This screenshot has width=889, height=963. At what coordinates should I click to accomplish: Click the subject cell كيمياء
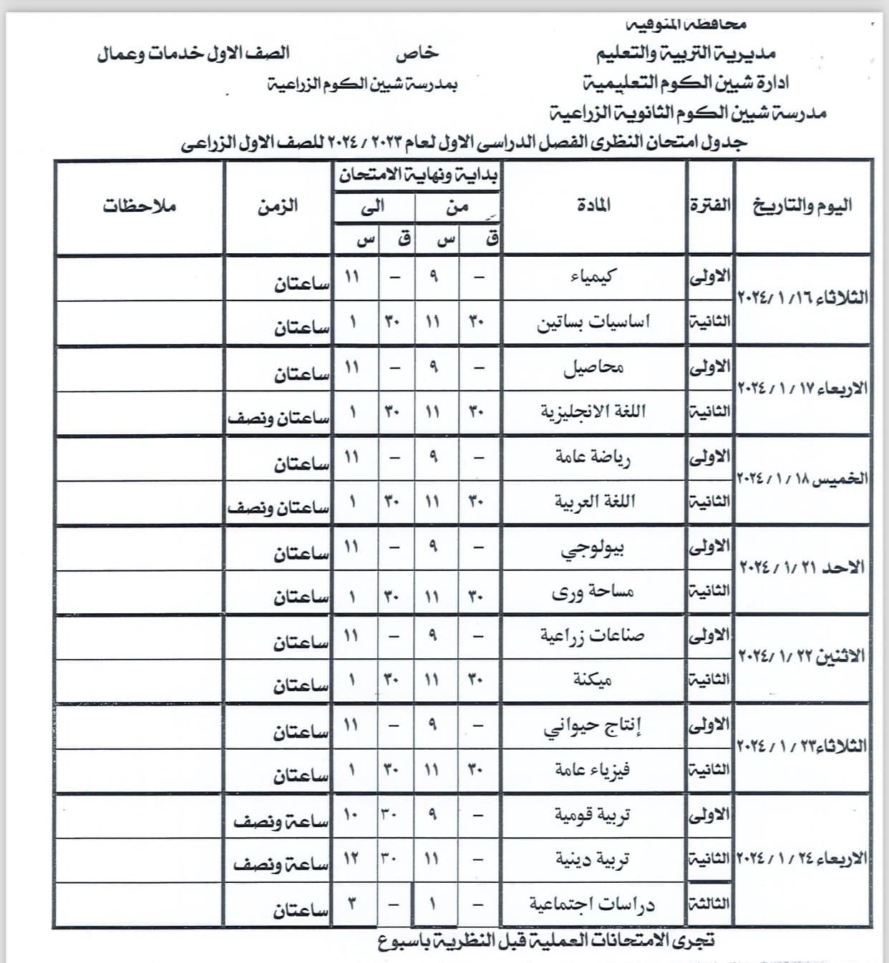593,276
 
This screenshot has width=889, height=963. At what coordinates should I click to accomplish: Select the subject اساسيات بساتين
593,322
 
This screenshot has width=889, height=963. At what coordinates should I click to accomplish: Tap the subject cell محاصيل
593,368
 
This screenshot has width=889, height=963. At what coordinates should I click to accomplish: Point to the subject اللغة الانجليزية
593,411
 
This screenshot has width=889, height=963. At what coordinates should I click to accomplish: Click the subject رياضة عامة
593,457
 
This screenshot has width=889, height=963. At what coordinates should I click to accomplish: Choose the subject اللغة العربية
593,502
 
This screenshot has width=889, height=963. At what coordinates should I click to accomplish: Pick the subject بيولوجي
593,549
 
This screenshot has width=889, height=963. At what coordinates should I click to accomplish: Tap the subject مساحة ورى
593,592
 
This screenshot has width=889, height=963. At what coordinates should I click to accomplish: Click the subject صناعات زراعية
593,635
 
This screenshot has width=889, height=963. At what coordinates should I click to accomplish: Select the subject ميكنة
593,679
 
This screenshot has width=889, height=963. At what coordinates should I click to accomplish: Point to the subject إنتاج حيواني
593,726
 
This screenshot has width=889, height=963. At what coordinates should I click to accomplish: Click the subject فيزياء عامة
593,770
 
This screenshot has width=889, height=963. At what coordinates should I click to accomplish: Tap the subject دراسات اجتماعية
593,904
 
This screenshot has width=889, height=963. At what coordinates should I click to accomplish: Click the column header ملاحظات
139,206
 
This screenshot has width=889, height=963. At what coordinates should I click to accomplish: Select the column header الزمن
278,206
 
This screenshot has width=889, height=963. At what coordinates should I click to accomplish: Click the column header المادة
593,206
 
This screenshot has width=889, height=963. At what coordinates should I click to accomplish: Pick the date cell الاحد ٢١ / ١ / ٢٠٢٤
802,568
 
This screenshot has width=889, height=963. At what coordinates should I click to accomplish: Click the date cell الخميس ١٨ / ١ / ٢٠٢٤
802,479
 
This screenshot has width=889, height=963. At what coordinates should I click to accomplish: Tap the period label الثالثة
709,904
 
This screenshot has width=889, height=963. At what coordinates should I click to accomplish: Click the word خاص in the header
417,53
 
